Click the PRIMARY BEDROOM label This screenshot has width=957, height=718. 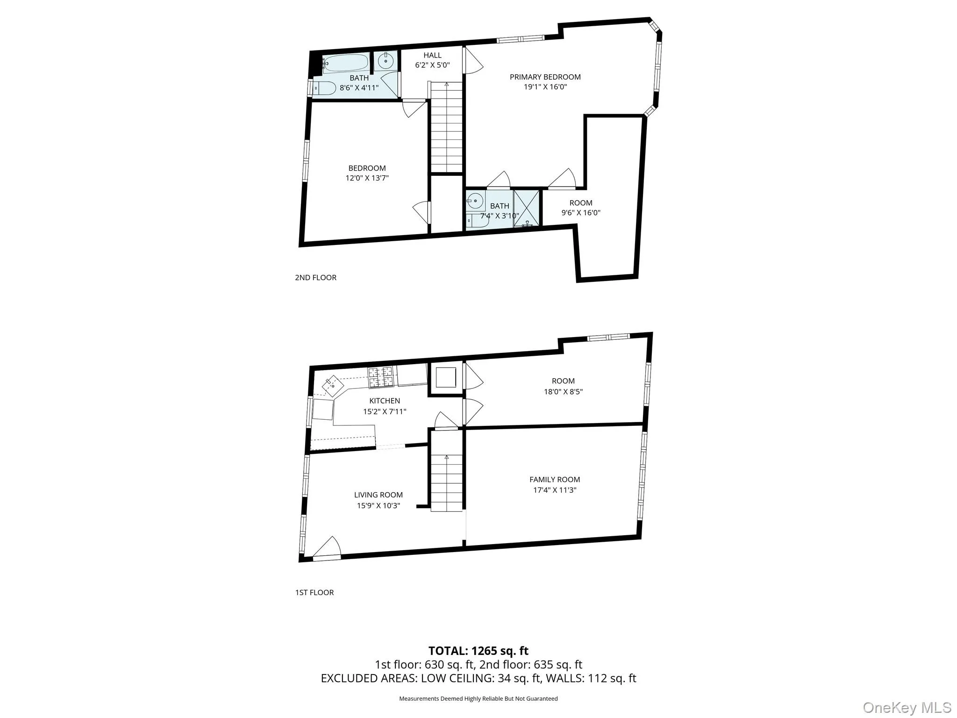click(x=545, y=77)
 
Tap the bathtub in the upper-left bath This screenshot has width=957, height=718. click(x=345, y=63)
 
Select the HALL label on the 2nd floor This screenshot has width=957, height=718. click(x=432, y=56)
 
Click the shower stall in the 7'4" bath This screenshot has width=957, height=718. click(x=526, y=208)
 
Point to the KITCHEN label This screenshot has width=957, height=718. click(x=385, y=401)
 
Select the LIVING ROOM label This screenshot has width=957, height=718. click(x=378, y=495)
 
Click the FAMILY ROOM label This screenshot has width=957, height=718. click(x=555, y=480)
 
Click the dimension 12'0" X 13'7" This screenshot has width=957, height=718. click(x=367, y=178)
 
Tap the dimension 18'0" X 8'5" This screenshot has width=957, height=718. click(x=563, y=392)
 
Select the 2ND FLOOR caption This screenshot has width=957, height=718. click(x=315, y=278)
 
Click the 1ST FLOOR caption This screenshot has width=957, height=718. click(x=314, y=593)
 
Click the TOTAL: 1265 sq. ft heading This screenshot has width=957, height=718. click(x=478, y=651)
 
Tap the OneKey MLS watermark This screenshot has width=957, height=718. click(x=907, y=707)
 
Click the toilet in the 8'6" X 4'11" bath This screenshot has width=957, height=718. click(x=323, y=88)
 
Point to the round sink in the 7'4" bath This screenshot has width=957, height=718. click(x=475, y=201)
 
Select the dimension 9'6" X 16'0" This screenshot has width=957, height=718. click(x=581, y=213)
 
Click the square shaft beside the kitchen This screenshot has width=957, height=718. click(x=445, y=378)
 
